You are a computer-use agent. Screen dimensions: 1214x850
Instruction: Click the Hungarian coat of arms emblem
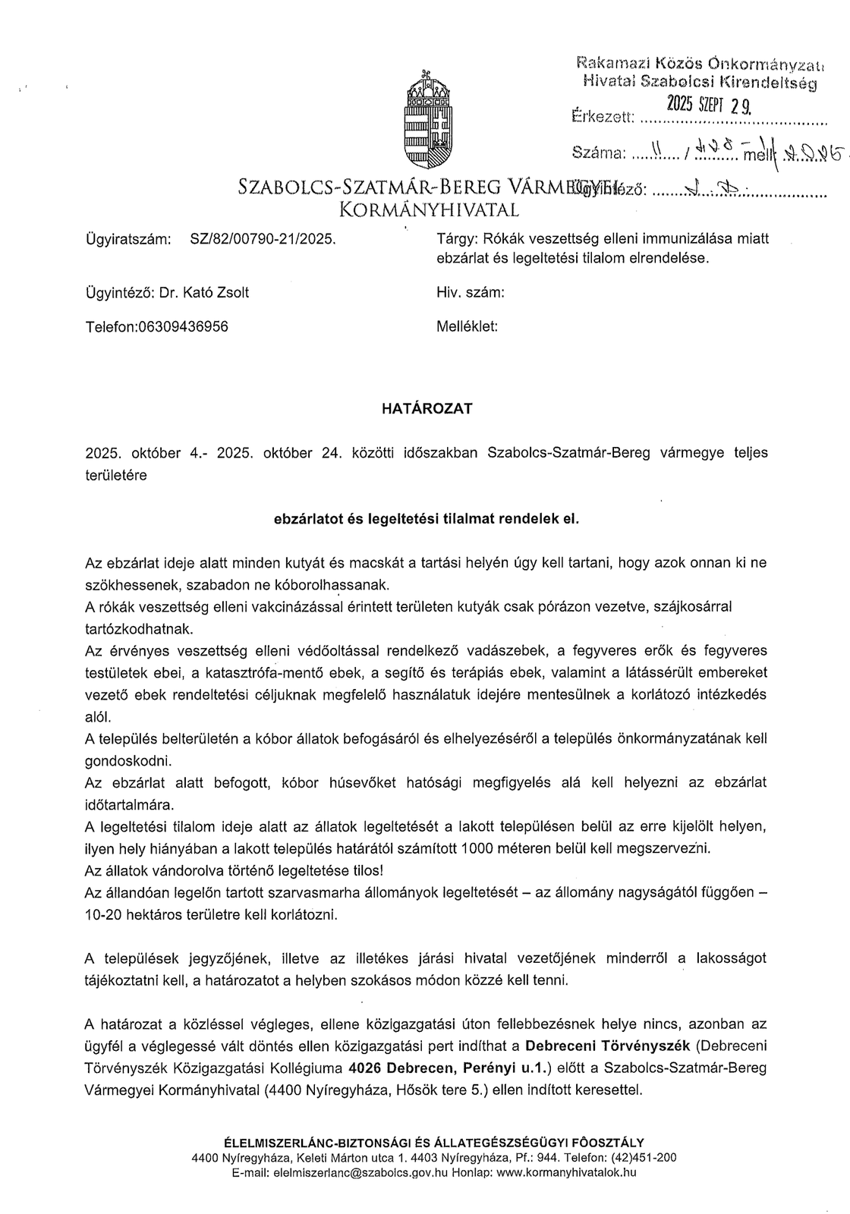pos(427,119)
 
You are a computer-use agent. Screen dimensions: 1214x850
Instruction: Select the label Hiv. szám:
pos(471,293)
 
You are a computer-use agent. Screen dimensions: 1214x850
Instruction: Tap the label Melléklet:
pos(467,327)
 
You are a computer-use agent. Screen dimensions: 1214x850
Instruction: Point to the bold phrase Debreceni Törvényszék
pos(607,1046)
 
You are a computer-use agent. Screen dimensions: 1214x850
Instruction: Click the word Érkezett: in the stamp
pos(601,117)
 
